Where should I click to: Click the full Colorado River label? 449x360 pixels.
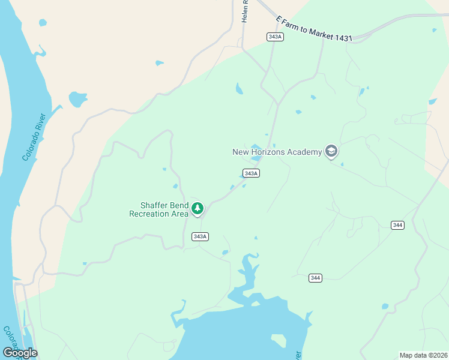35,137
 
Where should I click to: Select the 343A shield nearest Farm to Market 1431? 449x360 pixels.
275,37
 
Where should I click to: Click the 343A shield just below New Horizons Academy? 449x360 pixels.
252,173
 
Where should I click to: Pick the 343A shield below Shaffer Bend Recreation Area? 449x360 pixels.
200,236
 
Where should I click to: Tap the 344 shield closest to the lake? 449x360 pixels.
316,278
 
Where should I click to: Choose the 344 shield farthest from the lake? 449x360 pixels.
397,225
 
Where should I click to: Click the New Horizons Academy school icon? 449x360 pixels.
331,151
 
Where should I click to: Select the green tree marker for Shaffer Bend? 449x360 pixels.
197,209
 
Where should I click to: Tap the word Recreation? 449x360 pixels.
151,214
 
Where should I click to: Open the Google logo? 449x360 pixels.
20,353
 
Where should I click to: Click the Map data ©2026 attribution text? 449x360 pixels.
423,355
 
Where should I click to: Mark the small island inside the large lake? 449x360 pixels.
278,340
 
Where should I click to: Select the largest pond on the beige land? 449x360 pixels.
77,98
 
